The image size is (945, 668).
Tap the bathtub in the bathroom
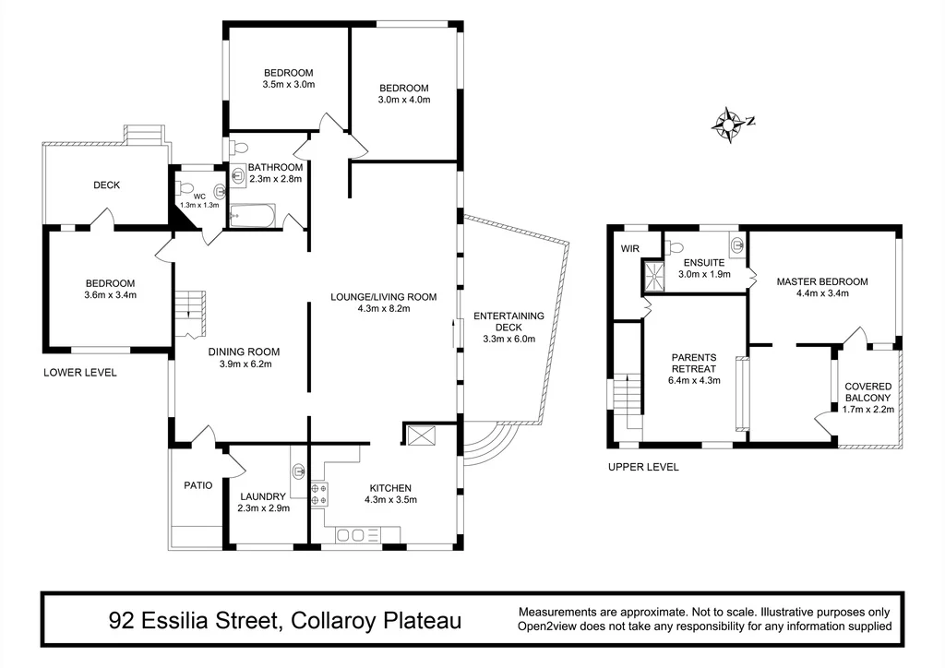[x=253, y=216]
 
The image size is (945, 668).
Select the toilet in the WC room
[x=182, y=188]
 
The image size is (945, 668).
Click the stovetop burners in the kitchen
[x=319, y=494]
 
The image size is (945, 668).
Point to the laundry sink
[x=299, y=471]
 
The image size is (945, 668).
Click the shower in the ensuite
[x=652, y=275]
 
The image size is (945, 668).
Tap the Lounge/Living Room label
[x=383, y=297]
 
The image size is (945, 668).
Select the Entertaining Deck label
[x=508, y=321]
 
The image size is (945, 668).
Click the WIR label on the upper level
[x=629, y=249]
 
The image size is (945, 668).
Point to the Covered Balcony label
[x=867, y=392]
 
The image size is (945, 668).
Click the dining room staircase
[x=191, y=314]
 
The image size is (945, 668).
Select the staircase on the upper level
[x=628, y=400]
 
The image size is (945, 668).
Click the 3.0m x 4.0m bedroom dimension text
[x=404, y=100]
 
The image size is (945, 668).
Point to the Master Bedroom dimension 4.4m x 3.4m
[x=822, y=293]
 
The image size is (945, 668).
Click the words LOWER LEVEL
[x=80, y=373]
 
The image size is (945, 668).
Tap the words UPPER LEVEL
[x=643, y=467]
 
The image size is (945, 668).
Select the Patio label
[x=198, y=485]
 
